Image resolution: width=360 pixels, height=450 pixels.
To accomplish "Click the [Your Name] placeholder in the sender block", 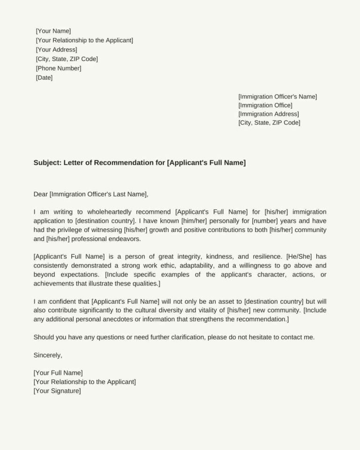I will tap(53, 31).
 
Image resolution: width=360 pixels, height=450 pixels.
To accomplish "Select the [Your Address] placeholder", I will tap(56, 50).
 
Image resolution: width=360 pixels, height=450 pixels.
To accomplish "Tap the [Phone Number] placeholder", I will tap(59, 68).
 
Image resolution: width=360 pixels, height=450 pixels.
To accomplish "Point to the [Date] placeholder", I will tap(44, 78).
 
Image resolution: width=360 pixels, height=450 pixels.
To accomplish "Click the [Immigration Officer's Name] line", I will tap(277, 97).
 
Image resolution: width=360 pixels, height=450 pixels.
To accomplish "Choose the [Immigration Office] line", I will tap(265, 105).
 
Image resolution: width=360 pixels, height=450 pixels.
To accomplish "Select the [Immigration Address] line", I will tap(269, 114).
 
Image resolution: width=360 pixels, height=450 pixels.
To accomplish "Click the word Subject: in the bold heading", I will tap(47, 163).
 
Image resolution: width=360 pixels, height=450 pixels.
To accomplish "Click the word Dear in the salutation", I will tap(41, 194).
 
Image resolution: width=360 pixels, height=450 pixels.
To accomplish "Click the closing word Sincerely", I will tap(48, 355).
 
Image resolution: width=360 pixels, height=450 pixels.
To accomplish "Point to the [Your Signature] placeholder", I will tap(57, 391).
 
